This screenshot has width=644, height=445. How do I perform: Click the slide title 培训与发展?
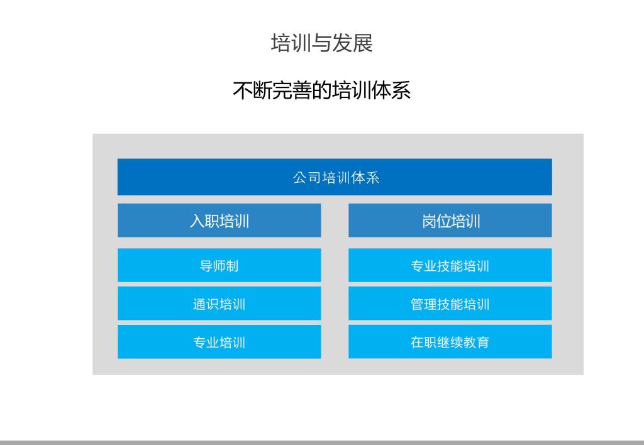click(x=321, y=43)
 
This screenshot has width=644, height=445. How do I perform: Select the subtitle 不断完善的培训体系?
click(x=321, y=91)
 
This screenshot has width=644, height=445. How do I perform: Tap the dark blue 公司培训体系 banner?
click(x=335, y=177)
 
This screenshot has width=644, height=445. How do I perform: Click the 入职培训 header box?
click(x=219, y=221)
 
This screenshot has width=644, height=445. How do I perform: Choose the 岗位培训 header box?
click(x=450, y=221)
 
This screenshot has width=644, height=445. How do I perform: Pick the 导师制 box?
click(x=219, y=265)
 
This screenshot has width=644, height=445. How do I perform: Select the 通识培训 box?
click(x=219, y=304)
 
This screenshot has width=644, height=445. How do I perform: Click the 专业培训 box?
click(x=219, y=342)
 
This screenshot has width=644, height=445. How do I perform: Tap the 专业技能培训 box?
click(x=450, y=265)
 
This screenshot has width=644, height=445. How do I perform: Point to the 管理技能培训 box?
click(x=450, y=304)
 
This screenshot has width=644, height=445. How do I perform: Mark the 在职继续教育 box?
click(x=450, y=342)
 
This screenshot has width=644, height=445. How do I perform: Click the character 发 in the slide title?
click(x=342, y=43)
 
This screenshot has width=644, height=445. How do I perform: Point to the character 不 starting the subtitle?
click(x=242, y=91)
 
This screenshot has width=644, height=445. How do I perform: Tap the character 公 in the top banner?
click(x=299, y=178)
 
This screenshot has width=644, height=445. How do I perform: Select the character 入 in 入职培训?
click(x=197, y=221)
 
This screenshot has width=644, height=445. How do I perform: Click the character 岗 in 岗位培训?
click(x=429, y=221)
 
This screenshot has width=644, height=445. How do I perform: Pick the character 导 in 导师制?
click(x=206, y=266)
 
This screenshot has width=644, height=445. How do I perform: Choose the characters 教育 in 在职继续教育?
click(x=477, y=343)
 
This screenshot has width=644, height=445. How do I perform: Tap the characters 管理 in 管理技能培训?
click(x=424, y=304)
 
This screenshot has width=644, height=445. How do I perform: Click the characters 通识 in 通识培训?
click(x=206, y=304)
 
